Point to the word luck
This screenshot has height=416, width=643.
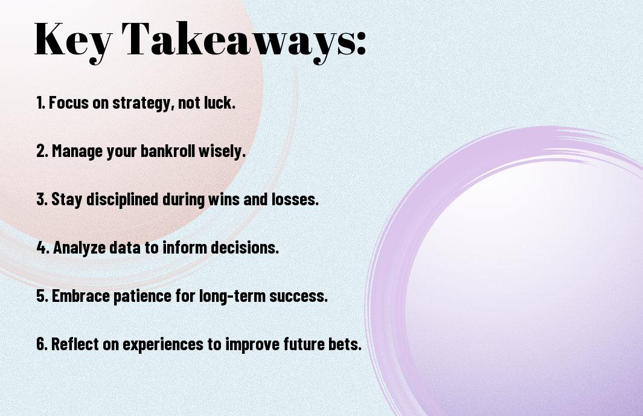pyautogui.click(x=220, y=102)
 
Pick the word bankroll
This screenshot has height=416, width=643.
pyautogui.click(x=168, y=150)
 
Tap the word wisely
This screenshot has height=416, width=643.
pyautogui.click(x=222, y=152)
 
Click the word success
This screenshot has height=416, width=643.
pyautogui.click(x=298, y=296)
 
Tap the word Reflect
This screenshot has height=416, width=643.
pyautogui.click(x=75, y=344)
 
